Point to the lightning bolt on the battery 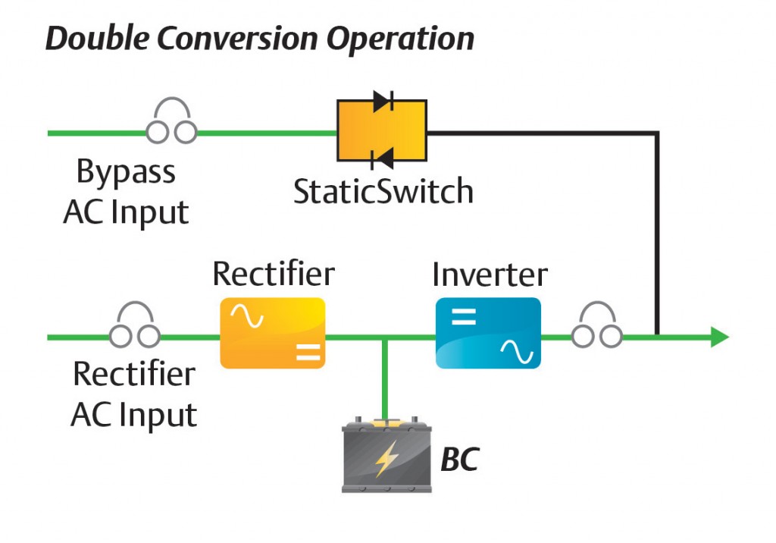(386, 459)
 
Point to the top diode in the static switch (382, 102)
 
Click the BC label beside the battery (459, 460)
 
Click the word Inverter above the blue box (490, 275)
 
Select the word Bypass (126, 174)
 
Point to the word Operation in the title (402, 38)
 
